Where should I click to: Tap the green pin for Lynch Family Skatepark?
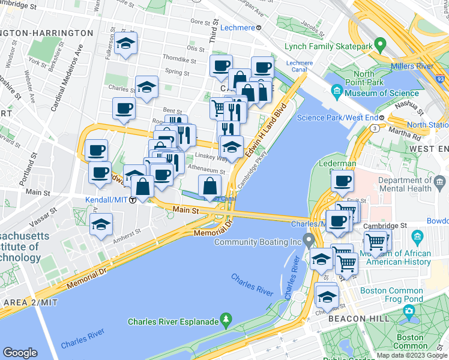[x=379, y=44]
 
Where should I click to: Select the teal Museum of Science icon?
[x=337, y=92]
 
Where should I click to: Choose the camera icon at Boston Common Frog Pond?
[x=409, y=311]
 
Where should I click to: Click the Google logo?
[x=20, y=353]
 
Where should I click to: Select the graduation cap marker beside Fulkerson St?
[x=126, y=44]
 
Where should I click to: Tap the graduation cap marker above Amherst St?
[x=101, y=226]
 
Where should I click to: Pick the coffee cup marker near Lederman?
[x=342, y=181]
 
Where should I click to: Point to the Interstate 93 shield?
[x=441, y=78]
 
